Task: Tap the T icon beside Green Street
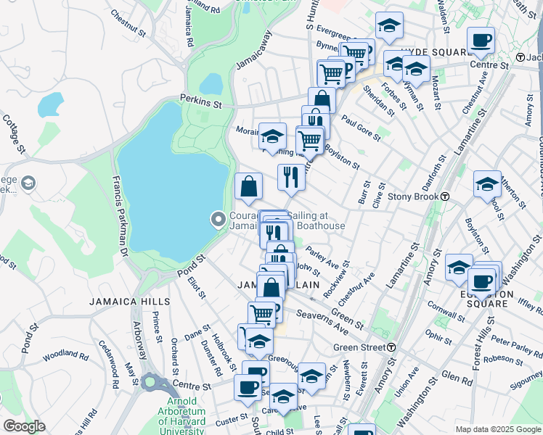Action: (x=391, y=347)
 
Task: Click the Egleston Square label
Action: (x=486, y=299)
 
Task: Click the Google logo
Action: (x=24, y=426)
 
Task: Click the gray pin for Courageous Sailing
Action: (x=217, y=218)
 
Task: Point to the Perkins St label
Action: (x=201, y=104)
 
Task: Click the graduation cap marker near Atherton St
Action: (x=487, y=184)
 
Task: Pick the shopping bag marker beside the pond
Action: (x=248, y=186)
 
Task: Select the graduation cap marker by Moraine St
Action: (x=272, y=136)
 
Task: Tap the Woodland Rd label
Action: (x=65, y=356)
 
